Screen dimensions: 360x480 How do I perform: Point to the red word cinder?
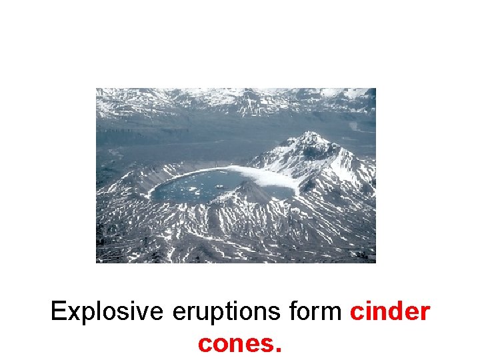click(x=389, y=312)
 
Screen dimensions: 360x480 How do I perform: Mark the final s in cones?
click(x=267, y=345)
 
